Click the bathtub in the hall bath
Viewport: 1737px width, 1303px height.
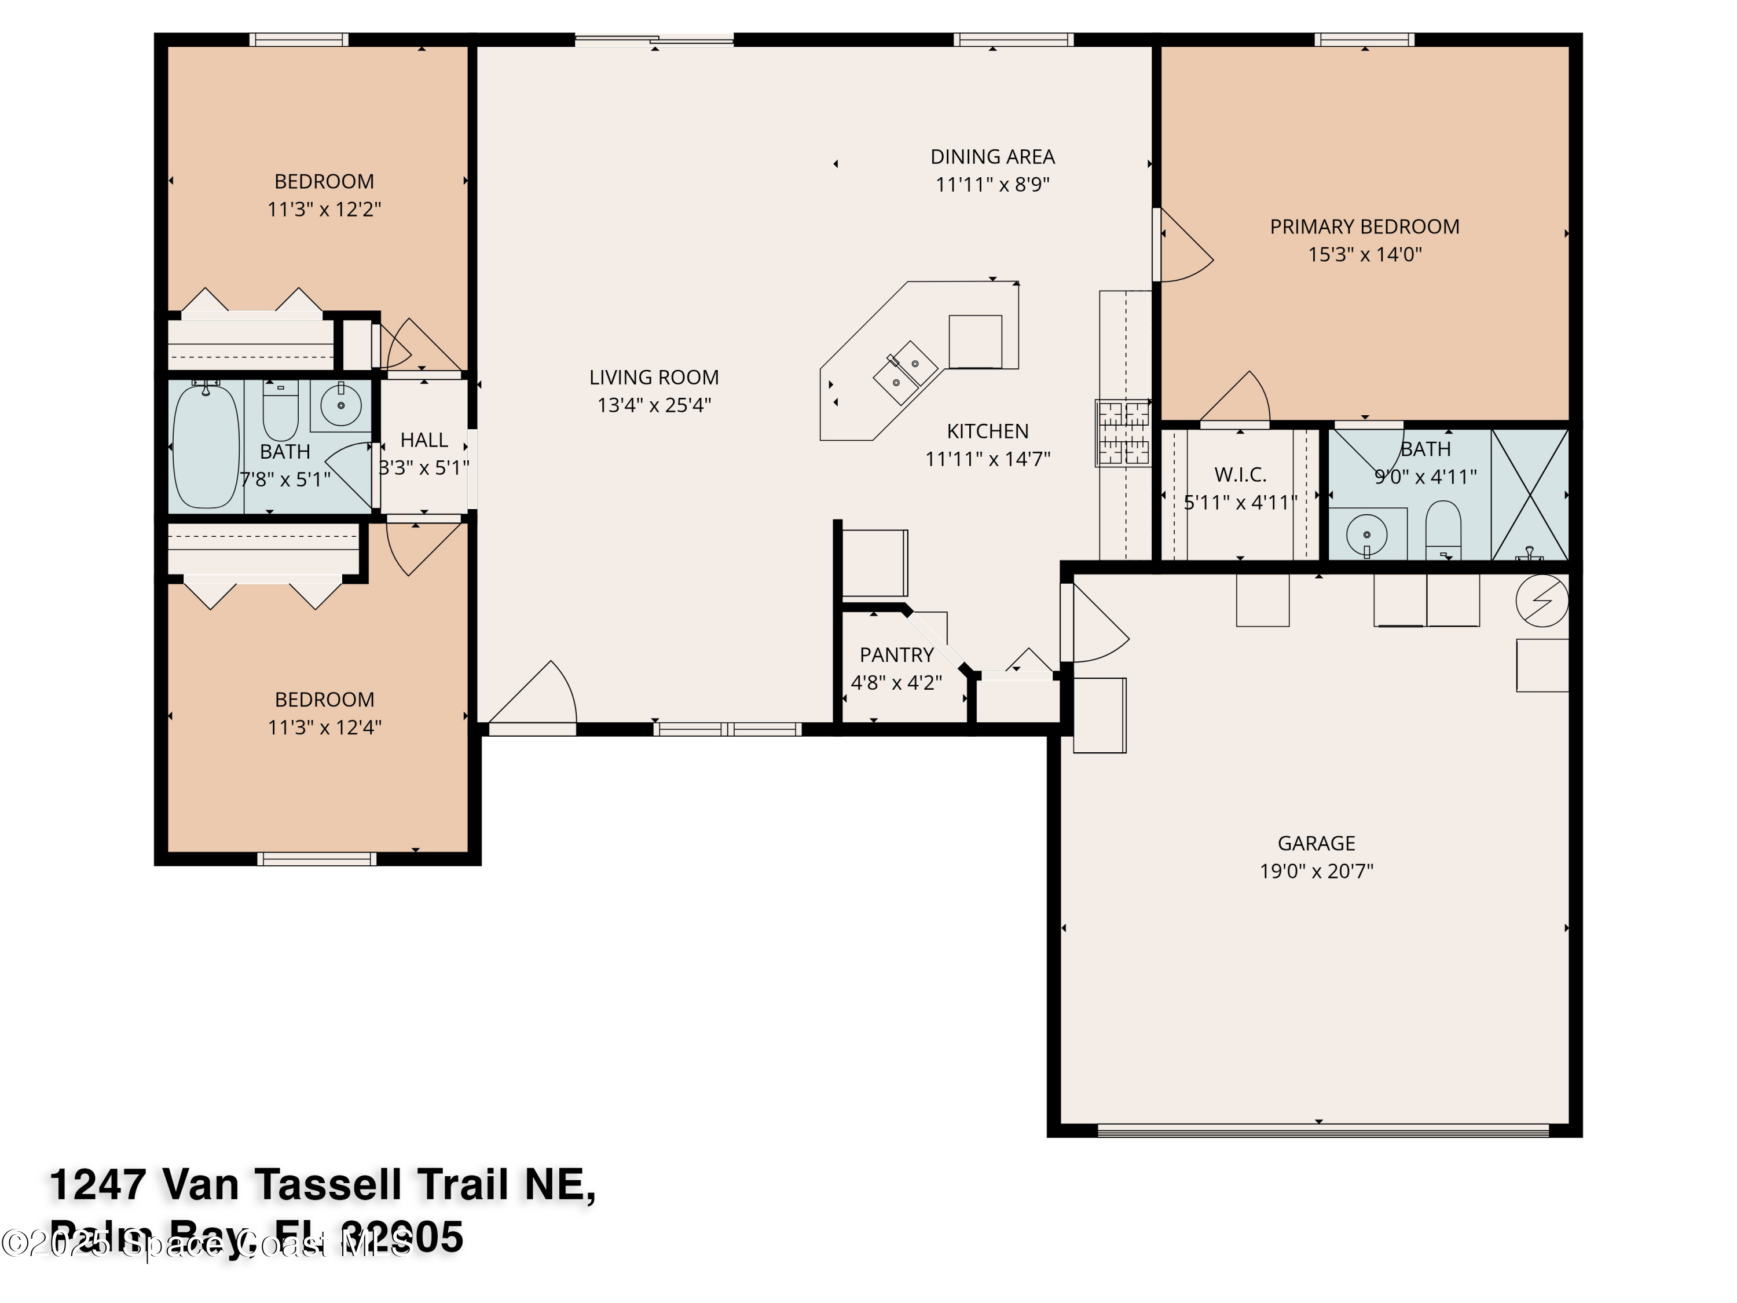click(x=205, y=446)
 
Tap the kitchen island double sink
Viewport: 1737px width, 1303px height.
click(x=904, y=373)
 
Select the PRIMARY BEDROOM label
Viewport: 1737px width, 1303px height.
click(x=1364, y=227)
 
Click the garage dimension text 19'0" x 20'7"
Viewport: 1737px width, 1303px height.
click(x=1316, y=871)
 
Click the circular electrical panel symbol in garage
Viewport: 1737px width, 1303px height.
click(x=1541, y=601)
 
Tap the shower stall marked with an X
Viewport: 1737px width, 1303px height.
click(x=1530, y=495)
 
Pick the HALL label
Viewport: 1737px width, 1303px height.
click(x=424, y=441)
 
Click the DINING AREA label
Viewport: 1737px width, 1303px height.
click(x=992, y=157)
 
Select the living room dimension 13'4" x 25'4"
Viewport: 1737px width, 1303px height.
click(x=654, y=405)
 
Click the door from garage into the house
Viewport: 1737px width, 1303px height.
click(x=1095, y=624)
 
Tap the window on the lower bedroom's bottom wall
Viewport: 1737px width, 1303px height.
click(x=317, y=859)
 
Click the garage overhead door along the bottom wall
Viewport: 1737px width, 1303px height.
click(x=1322, y=1131)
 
